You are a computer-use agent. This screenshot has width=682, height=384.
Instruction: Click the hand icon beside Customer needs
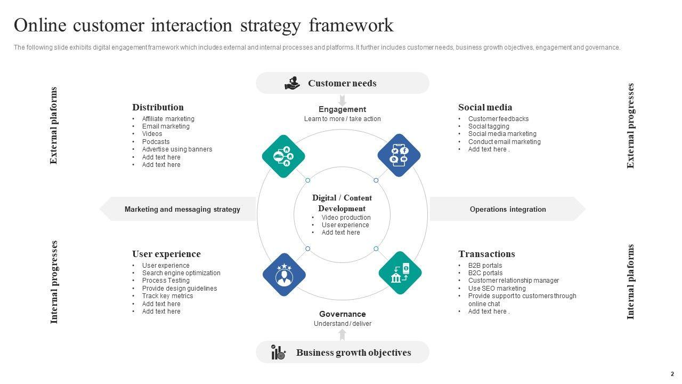(292, 83)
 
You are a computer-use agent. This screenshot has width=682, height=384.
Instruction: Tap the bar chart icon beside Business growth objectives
(278, 352)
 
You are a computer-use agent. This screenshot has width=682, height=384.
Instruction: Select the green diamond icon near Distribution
(283, 157)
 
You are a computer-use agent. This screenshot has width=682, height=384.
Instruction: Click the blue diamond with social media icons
(399, 155)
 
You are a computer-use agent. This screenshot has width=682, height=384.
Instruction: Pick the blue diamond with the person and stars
(284, 275)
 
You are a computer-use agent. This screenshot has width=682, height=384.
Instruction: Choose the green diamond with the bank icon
(400, 273)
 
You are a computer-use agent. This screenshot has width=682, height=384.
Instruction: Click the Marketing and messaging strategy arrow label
(182, 209)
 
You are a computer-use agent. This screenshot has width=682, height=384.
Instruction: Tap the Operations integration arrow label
(508, 209)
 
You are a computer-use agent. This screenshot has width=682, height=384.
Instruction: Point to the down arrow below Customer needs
(342, 100)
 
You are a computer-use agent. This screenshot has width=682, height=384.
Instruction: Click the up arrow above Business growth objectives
(342, 334)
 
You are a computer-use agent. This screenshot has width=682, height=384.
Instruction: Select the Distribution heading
(158, 107)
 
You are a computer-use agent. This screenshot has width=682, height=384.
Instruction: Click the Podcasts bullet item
(156, 142)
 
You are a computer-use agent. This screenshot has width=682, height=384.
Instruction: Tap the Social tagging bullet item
(489, 126)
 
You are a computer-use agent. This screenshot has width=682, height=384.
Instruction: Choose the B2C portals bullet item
(485, 273)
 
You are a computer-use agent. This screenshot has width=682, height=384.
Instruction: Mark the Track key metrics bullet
(167, 296)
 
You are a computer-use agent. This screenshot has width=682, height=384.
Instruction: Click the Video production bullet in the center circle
(346, 218)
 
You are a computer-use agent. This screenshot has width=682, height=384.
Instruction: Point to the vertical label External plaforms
(53, 125)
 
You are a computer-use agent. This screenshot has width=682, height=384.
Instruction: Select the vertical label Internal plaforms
(631, 282)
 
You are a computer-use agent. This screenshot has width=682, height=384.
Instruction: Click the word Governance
(342, 314)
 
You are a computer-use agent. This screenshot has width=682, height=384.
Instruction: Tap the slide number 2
(672, 374)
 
